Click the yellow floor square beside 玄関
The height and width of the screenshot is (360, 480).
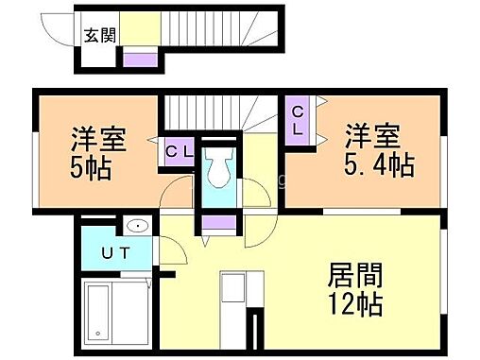point(139,29)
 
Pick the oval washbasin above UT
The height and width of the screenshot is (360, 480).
point(136,225)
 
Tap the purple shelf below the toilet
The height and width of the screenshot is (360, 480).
point(218,224)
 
